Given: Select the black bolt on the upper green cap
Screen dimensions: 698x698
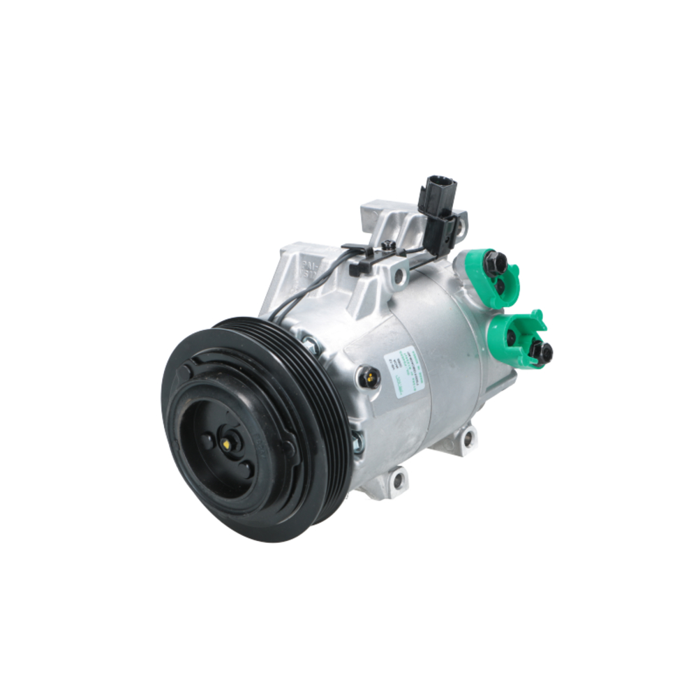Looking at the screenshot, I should pos(496,263).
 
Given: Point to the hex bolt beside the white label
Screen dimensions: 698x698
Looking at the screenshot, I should pos(367,378).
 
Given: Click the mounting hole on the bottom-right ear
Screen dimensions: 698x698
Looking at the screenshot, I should pos(468,440).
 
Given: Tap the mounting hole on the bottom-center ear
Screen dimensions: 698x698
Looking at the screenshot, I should pos(399,480).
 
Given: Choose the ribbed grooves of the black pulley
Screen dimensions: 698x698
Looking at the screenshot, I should pos(314,391).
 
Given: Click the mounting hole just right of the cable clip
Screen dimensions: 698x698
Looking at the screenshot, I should pos(400,278).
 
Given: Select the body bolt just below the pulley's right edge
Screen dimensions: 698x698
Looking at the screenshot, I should pos(357,440).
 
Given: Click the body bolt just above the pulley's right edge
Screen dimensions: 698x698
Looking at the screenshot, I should pos(308,343).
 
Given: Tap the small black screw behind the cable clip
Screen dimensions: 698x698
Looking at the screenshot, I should pos(388,245).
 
